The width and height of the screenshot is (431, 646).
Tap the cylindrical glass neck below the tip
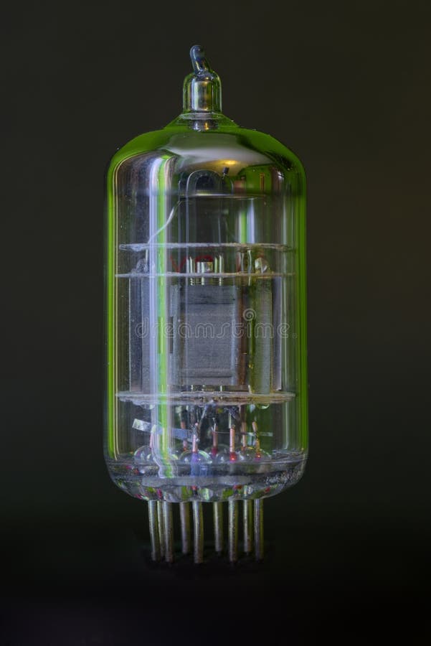pos(202,92)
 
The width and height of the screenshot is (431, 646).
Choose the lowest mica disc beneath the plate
pos(206,396)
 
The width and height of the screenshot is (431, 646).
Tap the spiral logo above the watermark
pos(249,314)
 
